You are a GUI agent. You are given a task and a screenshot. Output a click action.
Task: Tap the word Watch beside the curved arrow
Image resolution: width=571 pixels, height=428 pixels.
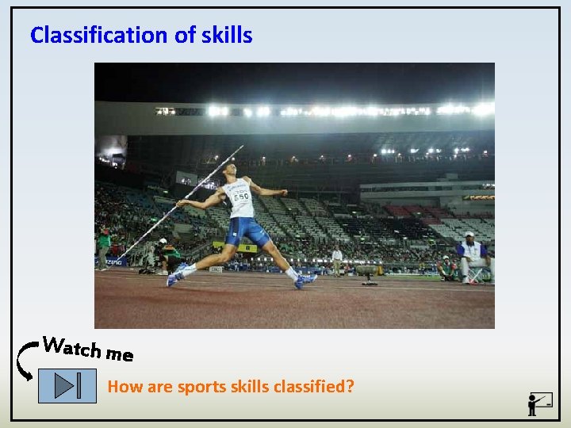tap(72, 346)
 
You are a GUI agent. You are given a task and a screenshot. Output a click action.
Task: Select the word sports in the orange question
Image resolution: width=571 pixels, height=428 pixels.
tap(201, 387)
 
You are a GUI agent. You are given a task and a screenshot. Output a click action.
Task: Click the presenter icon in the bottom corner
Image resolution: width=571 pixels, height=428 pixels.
tap(539, 403)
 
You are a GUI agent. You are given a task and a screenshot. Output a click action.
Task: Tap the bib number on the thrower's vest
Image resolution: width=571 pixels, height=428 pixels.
tap(239, 196)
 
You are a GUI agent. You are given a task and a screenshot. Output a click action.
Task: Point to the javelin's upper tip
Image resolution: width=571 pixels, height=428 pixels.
tap(242, 147)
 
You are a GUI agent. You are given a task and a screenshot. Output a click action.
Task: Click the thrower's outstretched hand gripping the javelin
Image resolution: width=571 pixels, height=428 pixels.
tap(182, 203)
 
